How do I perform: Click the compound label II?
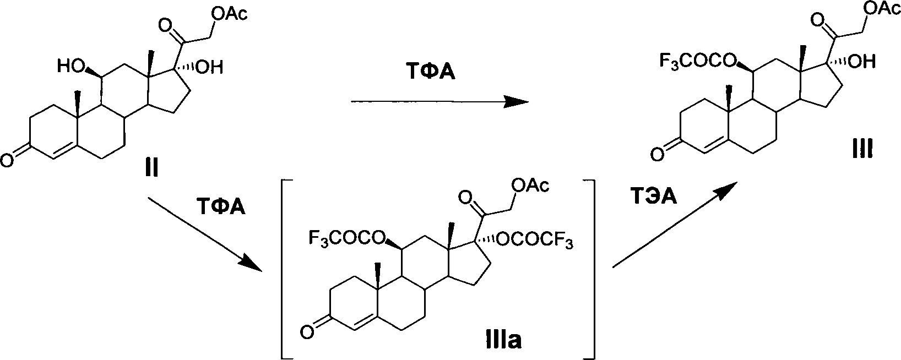151,166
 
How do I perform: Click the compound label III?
859,149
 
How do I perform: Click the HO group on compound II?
72,68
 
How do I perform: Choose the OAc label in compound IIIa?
530,187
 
